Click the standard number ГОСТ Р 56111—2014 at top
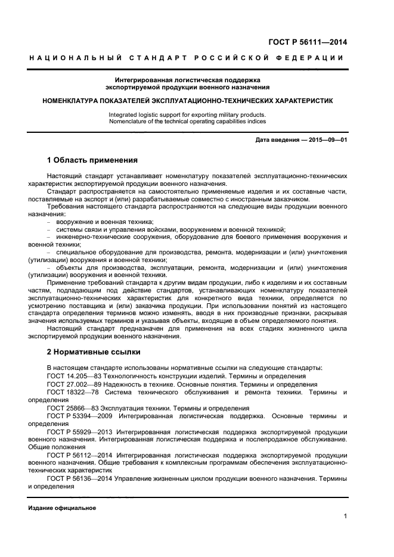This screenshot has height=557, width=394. [308, 42]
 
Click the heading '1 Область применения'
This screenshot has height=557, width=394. [92, 160]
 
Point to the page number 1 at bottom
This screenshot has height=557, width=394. [345, 516]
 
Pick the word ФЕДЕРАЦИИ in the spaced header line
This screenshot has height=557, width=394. [313, 58]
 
